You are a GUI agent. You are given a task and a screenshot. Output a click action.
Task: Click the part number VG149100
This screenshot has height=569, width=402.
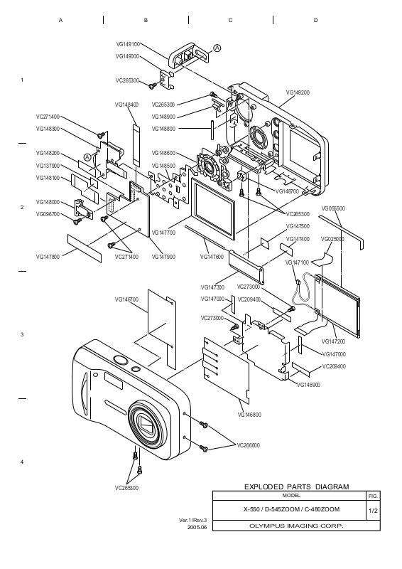pyautogui.click(x=128, y=44)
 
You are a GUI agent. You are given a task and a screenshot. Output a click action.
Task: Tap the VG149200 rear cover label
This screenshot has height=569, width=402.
pyautogui.click(x=298, y=92)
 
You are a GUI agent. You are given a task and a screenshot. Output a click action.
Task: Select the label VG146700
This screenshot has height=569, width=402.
pyautogui.click(x=126, y=299)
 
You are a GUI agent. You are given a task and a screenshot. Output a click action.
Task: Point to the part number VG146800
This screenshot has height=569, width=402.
pyautogui.click(x=249, y=415)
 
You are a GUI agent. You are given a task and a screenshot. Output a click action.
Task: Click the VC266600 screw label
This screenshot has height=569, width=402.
pyautogui.click(x=249, y=445)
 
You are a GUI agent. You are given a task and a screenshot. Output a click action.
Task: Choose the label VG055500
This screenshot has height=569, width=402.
pyautogui.click(x=333, y=208)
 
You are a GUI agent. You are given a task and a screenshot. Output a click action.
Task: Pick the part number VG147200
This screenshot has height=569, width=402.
pyautogui.click(x=334, y=341)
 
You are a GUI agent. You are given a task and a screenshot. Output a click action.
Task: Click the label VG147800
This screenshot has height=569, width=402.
pyautogui.click(x=48, y=257)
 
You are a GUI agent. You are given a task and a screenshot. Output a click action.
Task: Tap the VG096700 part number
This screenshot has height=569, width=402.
pyautogui.click(x=48, y=215)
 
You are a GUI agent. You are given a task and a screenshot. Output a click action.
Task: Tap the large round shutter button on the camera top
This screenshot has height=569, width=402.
pyautogui.click(x=120, y=360)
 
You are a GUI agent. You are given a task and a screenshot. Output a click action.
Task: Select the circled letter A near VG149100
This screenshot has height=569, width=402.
pyautogui.click(x=217, y=48)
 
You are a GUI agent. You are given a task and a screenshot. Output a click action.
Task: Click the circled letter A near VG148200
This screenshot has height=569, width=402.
pyautogui.click(x=87, y=157)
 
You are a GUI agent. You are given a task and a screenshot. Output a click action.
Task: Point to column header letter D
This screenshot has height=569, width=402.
pyautogui.click(x=315, y=21)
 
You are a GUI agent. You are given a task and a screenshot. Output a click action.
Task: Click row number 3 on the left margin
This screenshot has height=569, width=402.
pyautogui.click(x=22, y=334)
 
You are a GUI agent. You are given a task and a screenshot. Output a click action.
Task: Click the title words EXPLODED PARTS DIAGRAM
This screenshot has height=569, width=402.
pyautogui.click(x=296, y=487)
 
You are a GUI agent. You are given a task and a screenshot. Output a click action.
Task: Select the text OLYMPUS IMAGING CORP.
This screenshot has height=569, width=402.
pyautogui.click(x=296, y=526)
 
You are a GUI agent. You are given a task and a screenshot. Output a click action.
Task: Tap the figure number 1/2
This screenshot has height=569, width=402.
pyautogui.click(x=373, y=511)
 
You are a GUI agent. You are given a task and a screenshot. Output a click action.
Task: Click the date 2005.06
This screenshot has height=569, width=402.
pyautogui.click(x=197, y=527)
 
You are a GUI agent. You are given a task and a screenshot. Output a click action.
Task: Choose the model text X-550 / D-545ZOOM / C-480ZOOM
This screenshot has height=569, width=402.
pyautogui.click(x=291, y=509)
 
